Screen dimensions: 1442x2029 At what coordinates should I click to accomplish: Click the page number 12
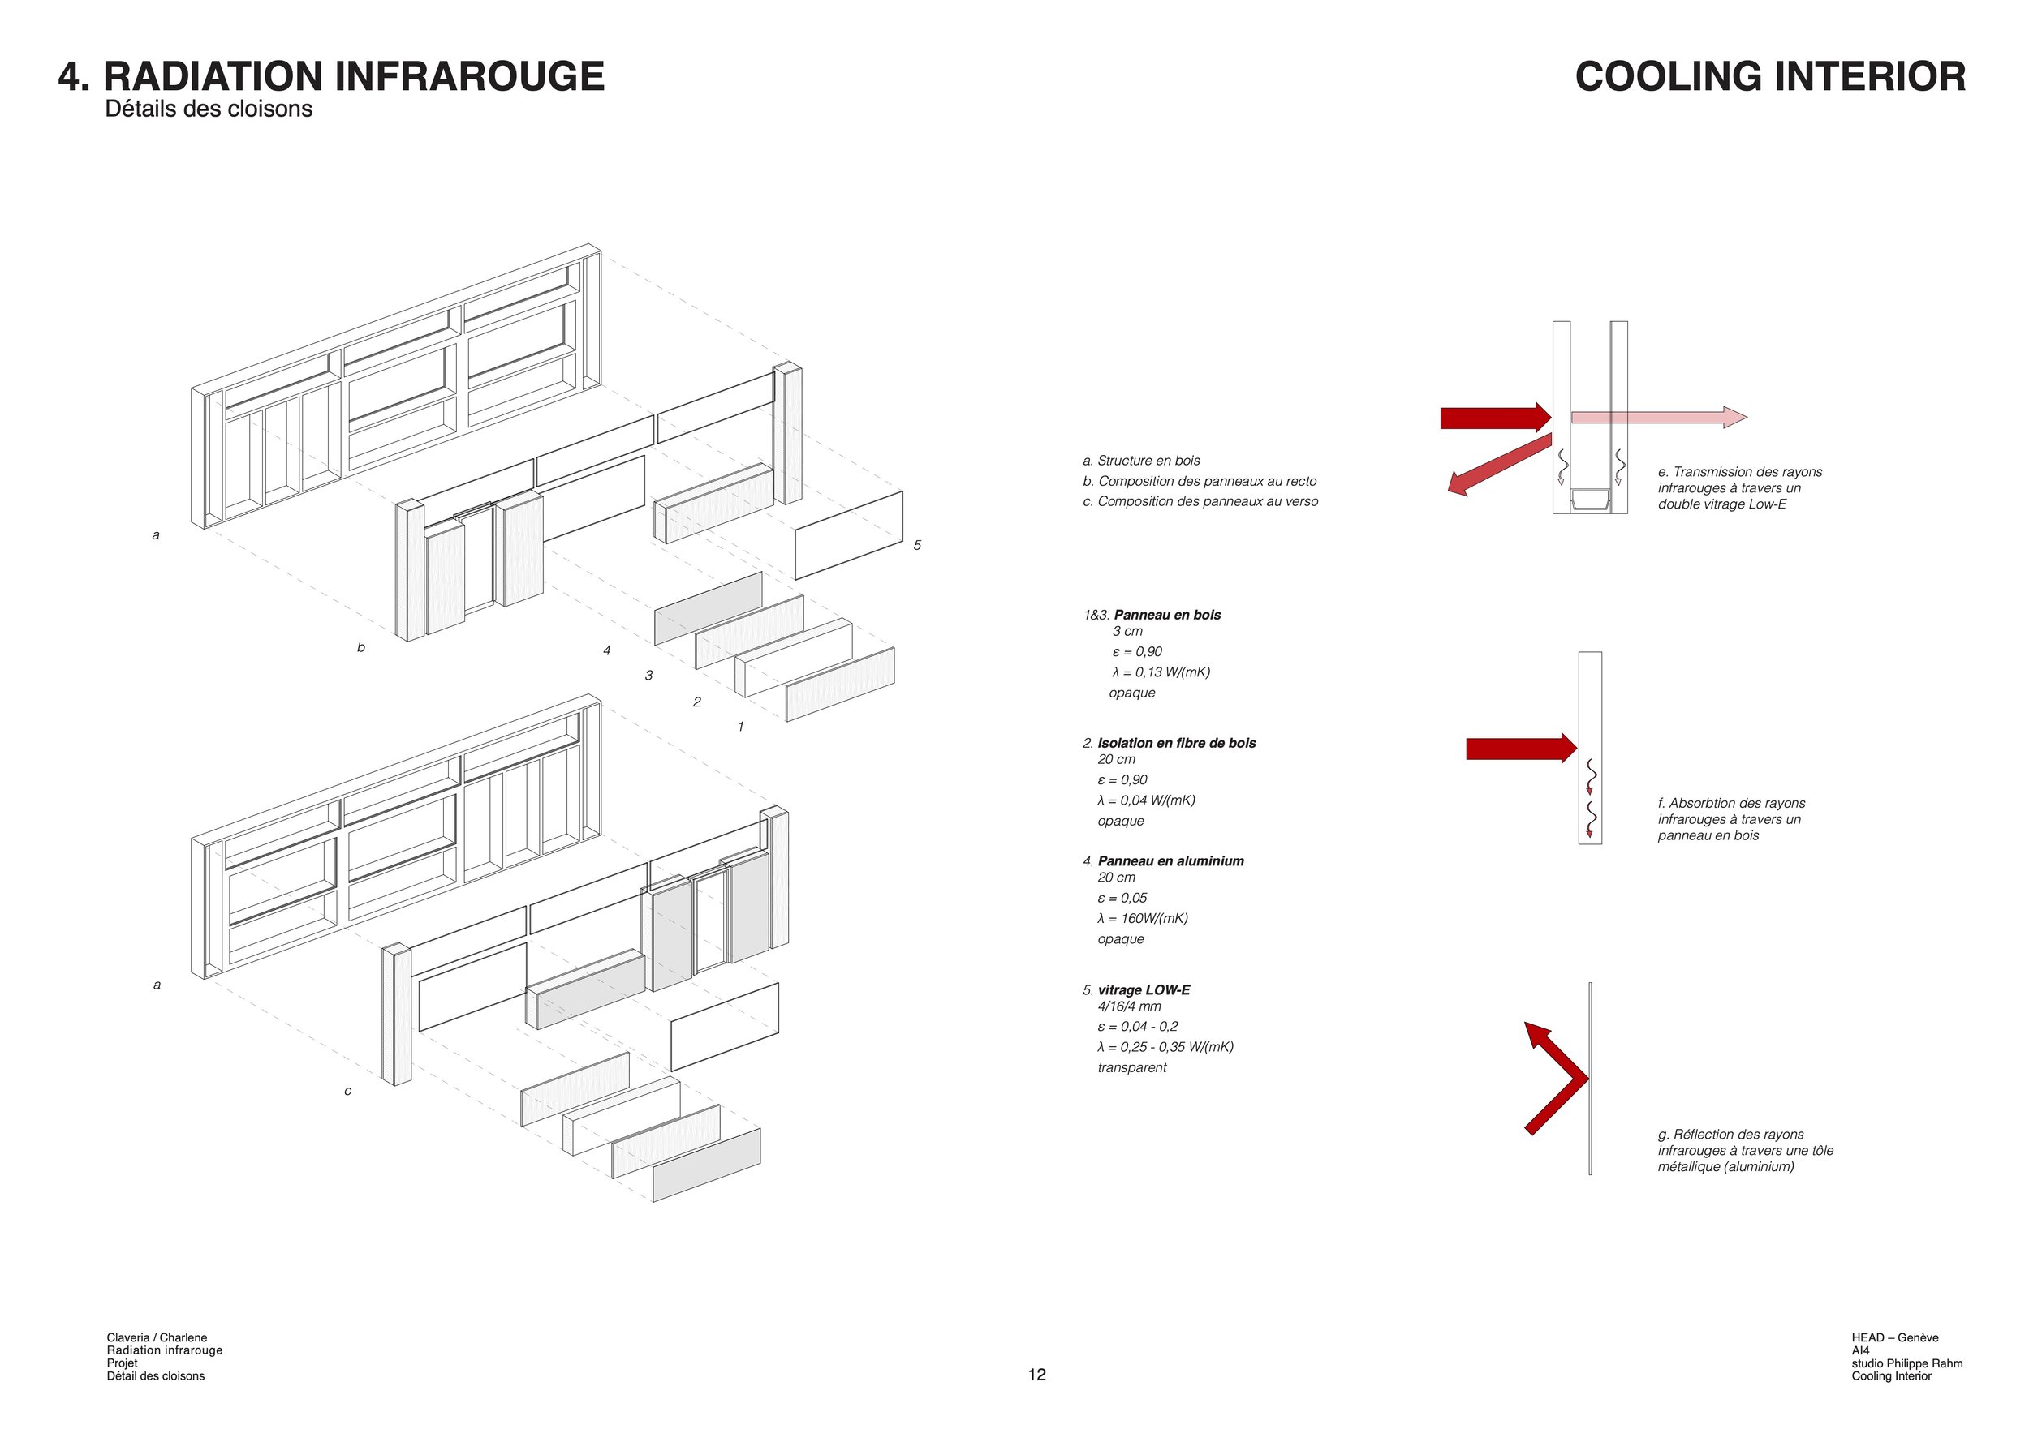pyautogui.click(x=1036, y=1375)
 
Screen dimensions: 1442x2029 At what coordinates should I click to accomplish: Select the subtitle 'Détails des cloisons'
pyautogui.click(x=209, y=109)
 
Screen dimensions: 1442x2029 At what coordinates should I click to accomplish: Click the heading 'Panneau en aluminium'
pyautogui.click(x=1170, y=861)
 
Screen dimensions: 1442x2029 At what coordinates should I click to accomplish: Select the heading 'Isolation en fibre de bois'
pyautogui.click(x=1176, y=743)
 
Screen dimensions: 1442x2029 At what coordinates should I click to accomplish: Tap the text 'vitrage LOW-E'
pyautogui.click(x=1144, y=990)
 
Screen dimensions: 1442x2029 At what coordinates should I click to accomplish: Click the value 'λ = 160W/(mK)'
pyautogui.click(x=1143, y=918)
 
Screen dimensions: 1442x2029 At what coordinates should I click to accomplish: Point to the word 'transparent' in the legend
pyautogui.click(x=1131, y=1067)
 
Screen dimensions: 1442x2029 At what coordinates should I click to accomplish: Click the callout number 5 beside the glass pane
pyautogui.click(x=918, y=545)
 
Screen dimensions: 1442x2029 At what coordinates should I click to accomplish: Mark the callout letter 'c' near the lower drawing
pyautogui.click(x=347, y=1092)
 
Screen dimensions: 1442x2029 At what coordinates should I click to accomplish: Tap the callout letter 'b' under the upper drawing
pyautogui.click(x=360, y=647)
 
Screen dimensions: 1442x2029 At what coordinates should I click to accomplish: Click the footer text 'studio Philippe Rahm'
pyautogui.click(x=1906, y=1363)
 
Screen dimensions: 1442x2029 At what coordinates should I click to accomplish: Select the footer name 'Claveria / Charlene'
pyautogui.click(x=157, y=1337)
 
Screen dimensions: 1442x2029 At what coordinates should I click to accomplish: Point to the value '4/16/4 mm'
pyautogui.click(x=1129, y=1006)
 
